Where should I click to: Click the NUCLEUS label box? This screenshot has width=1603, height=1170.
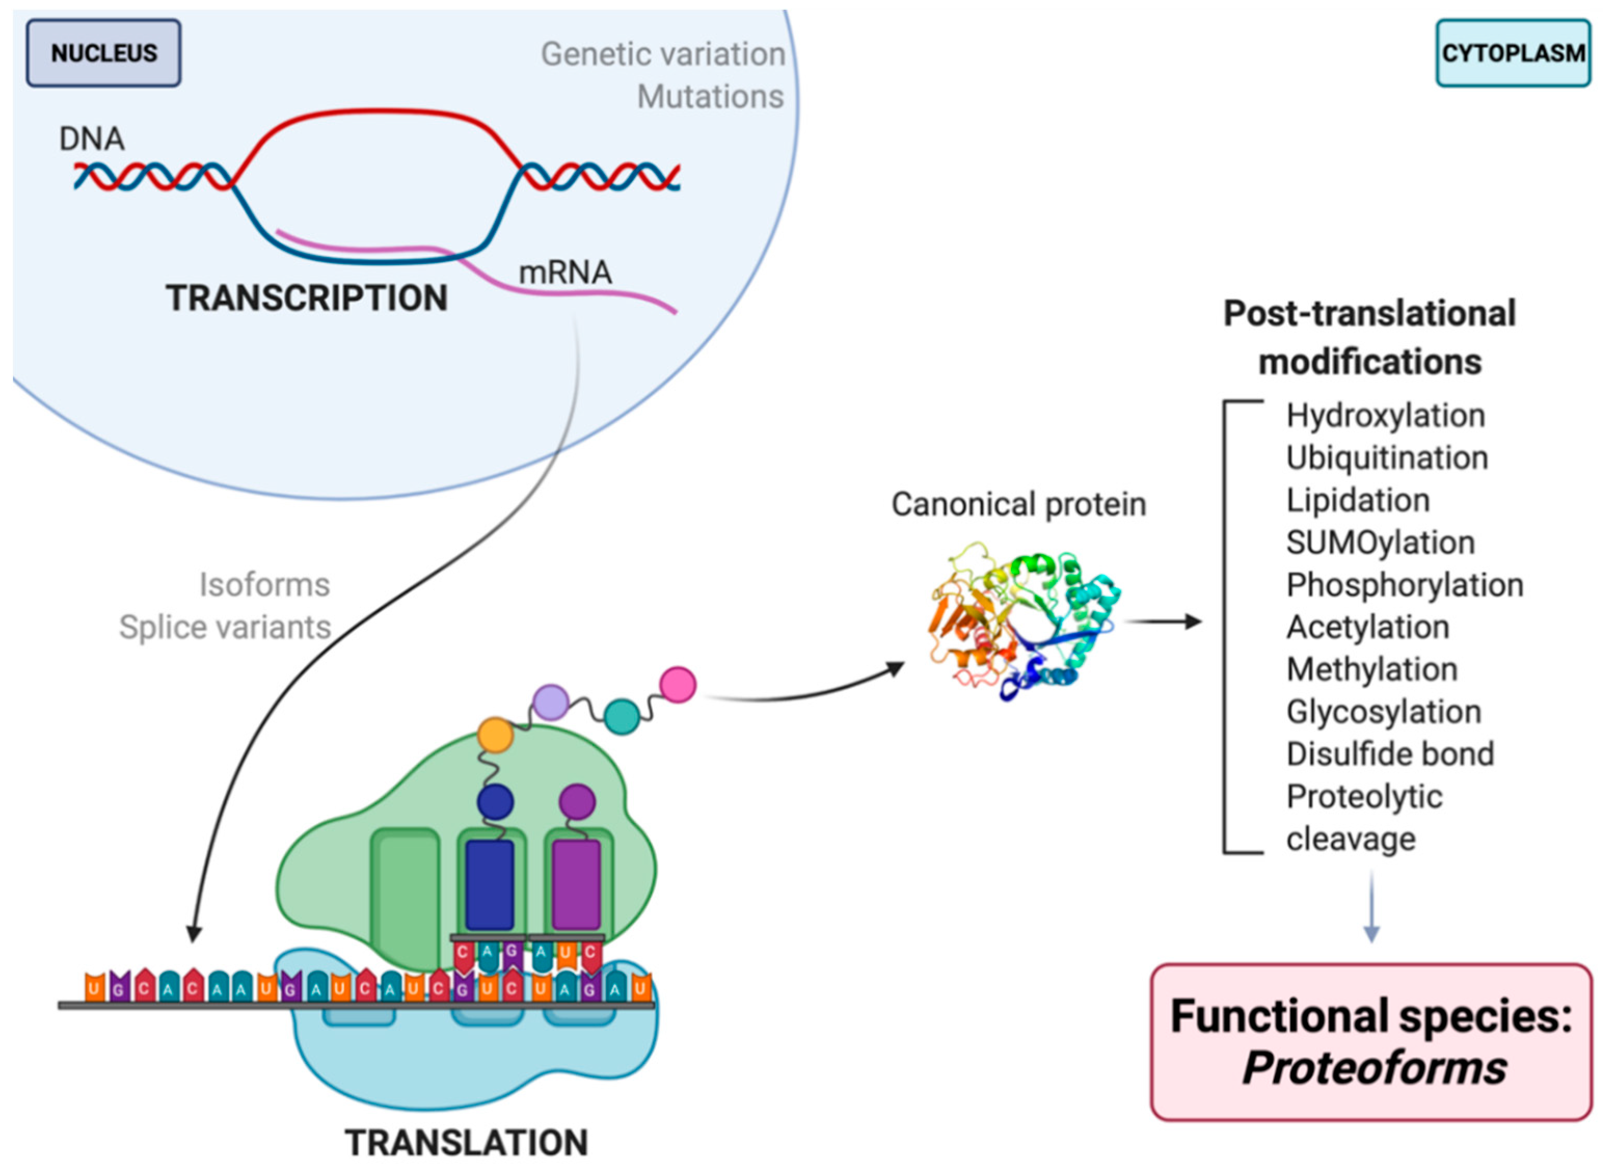(103, 53)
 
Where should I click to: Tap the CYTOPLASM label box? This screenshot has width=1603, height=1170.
(1513, 53)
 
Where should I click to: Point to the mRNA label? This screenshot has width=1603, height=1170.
(565, 273)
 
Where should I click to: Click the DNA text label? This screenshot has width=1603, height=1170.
(91, 139)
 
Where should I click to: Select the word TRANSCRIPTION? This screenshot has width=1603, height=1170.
(306, 298)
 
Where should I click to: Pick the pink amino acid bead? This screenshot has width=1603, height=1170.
(678, 685)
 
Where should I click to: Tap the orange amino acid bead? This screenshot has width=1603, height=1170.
(495, 735)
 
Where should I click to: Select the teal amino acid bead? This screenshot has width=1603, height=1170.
(622, 716)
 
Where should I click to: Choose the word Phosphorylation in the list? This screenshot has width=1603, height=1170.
(1405, 585)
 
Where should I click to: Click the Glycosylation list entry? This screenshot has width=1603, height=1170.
(1383, 712)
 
